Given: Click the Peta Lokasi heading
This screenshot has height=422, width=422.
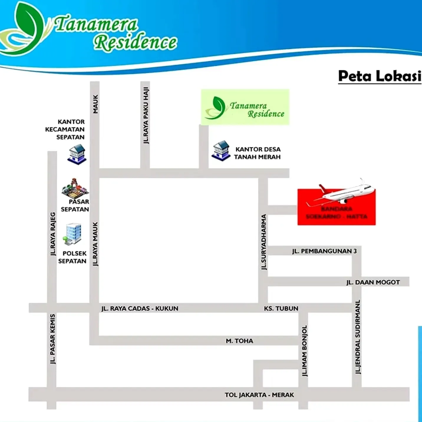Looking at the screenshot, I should click(x=380, y=76).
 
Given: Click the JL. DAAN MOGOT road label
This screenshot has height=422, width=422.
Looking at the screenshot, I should click(x=373, y=282).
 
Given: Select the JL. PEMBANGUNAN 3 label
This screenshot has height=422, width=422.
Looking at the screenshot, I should click(x=324, y=251).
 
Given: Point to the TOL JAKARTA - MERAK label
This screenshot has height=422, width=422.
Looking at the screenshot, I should click(x=259, y=395).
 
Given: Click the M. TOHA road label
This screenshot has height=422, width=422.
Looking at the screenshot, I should click(x=239, y=341).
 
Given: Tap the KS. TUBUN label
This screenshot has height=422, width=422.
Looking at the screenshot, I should click(x=281, y=309).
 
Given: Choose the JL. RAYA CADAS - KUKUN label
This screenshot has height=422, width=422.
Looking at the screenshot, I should click(x=140, y=309).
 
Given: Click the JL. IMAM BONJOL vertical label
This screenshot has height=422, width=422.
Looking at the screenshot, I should click(x=304, y=351).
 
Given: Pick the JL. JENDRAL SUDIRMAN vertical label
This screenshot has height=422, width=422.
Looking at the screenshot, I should click(x=357, y=337).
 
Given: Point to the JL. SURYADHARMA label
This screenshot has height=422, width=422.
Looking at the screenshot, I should click(x=263, y=242).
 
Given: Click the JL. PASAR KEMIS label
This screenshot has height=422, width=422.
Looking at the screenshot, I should click(x=52, y=339).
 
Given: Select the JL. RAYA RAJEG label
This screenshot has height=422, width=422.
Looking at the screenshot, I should click(x=53, y=234).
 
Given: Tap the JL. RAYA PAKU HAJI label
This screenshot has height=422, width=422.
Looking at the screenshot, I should click(x=146, y=116).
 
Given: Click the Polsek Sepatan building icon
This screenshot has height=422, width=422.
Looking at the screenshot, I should click(x=72, y=234).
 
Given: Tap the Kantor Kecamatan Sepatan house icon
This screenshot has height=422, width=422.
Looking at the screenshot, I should click(x=77, y=154).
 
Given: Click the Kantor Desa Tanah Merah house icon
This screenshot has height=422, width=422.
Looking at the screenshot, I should click(x=221, y=151).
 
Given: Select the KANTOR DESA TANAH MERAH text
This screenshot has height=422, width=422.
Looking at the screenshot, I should click(x=258, y=153).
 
